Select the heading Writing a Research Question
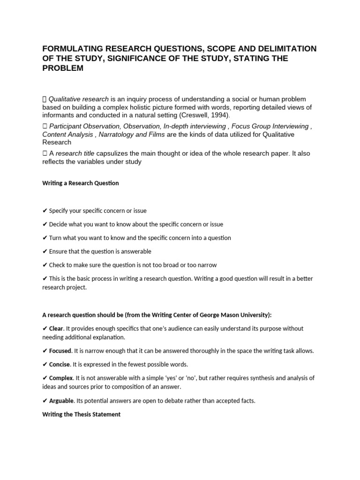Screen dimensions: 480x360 coord(80,183)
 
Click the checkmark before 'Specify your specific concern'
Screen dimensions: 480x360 coord(45,211)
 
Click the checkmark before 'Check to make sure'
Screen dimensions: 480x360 coord(45,265)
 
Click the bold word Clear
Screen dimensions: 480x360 coord(56,329)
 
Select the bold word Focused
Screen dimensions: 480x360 coord(60,351)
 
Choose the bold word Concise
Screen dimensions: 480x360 coord(60,364)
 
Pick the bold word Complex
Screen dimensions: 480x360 coord(61,378)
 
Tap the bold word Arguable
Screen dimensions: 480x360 coord(61,401)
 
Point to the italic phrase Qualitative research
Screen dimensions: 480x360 coord(79,99)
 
